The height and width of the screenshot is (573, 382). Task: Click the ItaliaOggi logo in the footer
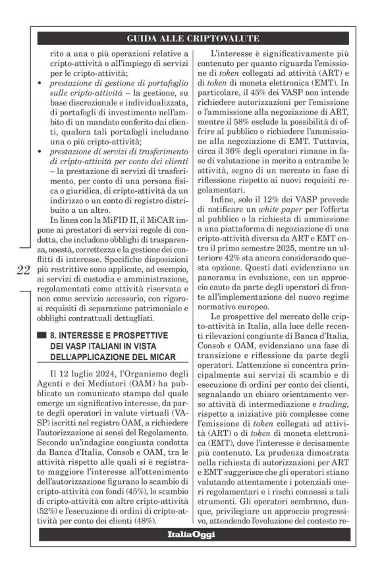(x=190, y=533)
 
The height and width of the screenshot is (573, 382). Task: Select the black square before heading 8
(x=42, y=335)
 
